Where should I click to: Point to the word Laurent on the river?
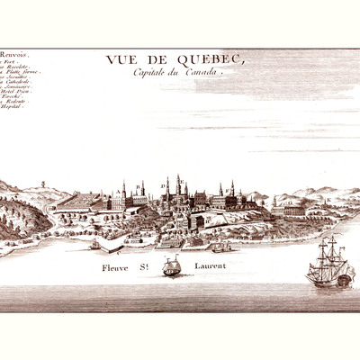(x=208, y=267)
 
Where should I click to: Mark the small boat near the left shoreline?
(x=94, y=244)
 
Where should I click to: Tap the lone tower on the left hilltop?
(x=43, y=190)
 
